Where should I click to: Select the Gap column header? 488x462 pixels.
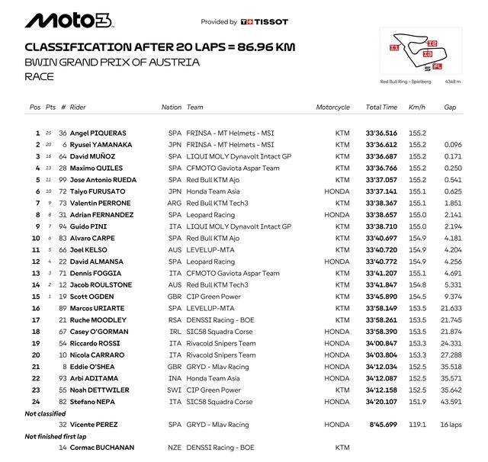(x=451, y=107)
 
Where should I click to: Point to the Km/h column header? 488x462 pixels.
(x=417, y=107)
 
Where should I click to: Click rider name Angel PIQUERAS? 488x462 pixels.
(x=98, y=133)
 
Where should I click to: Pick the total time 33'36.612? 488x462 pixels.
(x=381, y=144)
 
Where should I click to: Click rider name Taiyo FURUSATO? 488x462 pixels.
(x=97, y=191)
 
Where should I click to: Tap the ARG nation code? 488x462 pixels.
(x=175, y=204)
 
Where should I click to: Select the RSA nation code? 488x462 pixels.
(x=175, y=320)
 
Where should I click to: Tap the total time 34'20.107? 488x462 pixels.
(x=381, y=401)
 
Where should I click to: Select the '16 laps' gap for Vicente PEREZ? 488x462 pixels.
(x=451, y=424)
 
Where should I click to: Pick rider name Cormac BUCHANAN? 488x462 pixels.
(x=103, y=447)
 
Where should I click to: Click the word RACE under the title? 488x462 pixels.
(x=40, y=76)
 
